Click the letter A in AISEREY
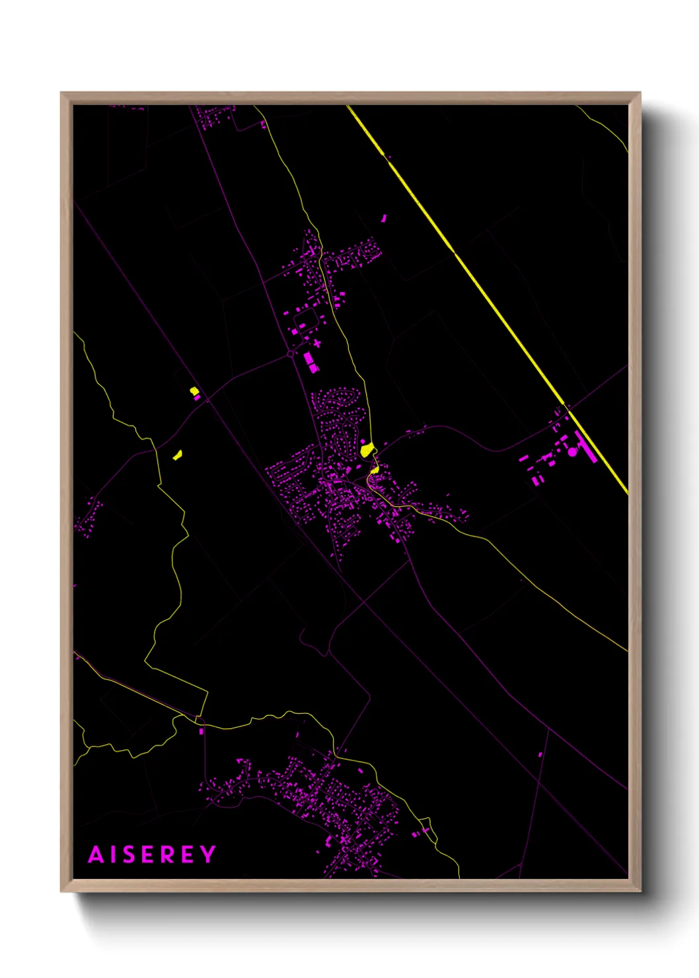96,854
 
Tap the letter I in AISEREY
115,854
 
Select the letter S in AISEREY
130,854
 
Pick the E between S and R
149,854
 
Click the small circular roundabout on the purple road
290,355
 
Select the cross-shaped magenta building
317,343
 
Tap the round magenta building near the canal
572,452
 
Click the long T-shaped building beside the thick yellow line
586,446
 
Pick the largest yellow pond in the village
366,450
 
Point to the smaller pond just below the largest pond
375,470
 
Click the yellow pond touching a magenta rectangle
194,391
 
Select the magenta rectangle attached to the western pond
196,398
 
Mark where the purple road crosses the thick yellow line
566,406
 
